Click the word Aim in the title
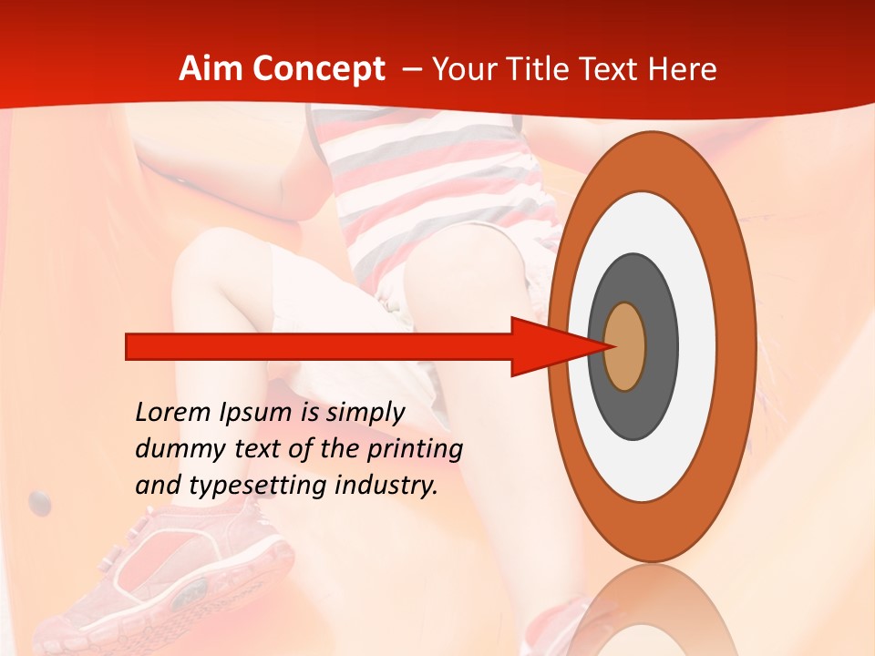coord(211,69)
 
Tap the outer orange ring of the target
coord(738,346)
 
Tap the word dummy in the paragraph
coord(176,449)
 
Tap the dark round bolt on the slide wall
coord(39,501)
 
